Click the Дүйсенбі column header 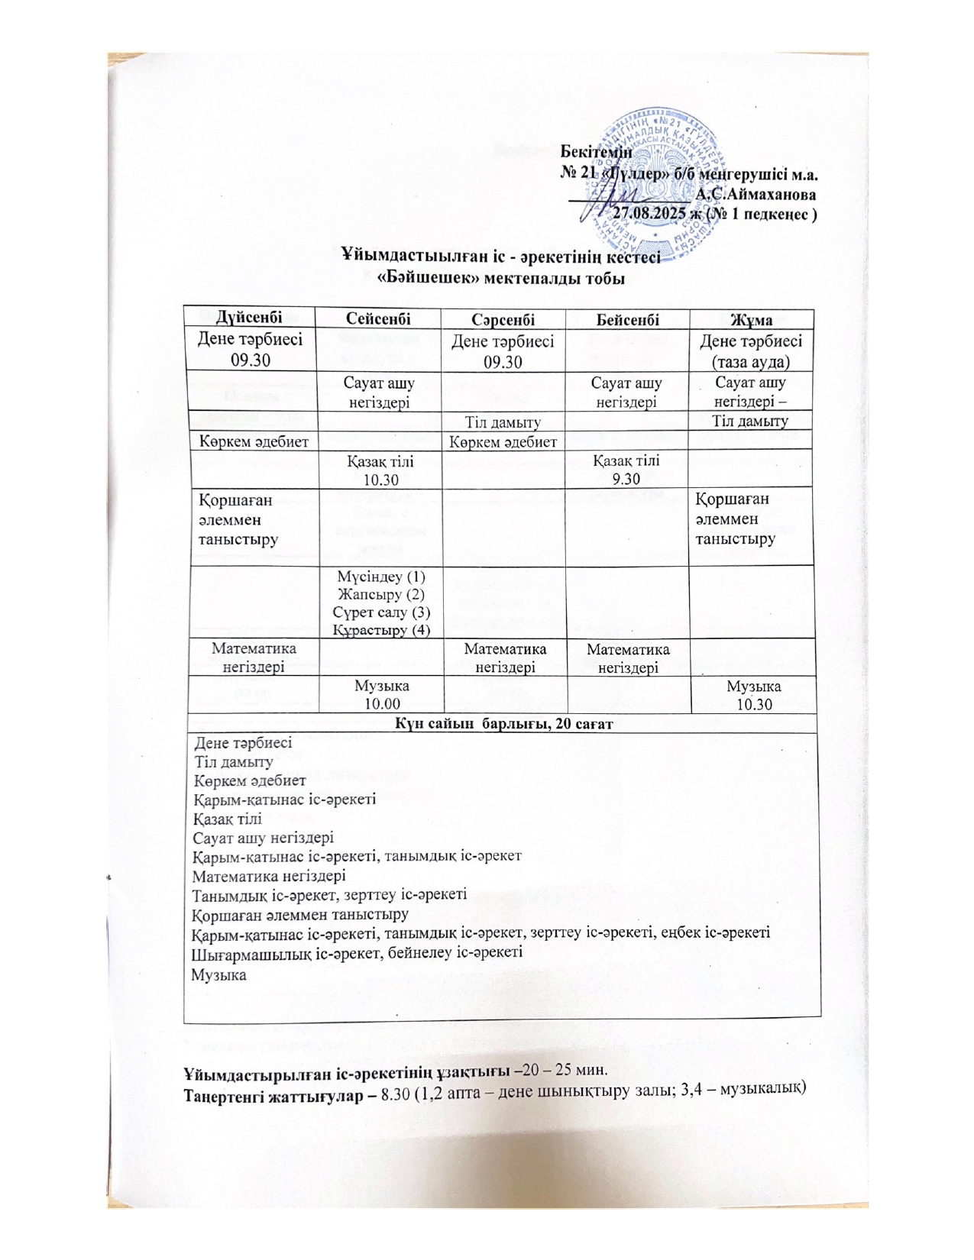[248, 318]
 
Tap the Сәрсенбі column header [503, 318]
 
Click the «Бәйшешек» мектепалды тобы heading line [501, 278]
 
